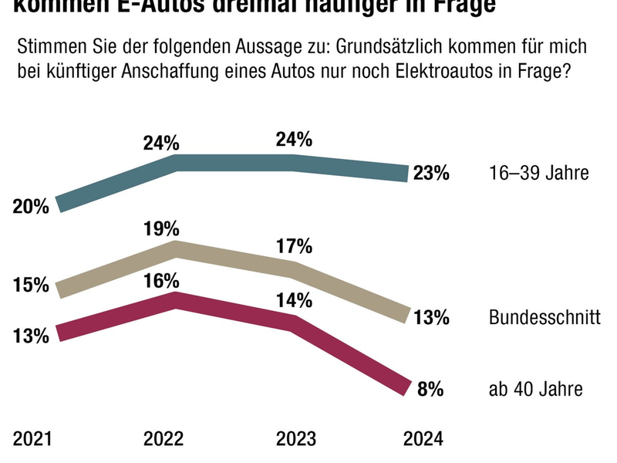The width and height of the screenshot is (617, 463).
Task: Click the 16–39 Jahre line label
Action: point(539,173)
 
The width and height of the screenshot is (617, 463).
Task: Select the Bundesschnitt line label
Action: point(544,317)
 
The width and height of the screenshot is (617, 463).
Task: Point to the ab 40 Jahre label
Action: point(535,390)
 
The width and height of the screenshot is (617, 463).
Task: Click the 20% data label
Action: point(32,206)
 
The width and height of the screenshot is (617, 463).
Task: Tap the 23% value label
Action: point(430,174)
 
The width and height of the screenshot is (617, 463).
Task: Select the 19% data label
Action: point(161,228)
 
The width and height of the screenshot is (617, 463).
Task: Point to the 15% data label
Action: point(32,285)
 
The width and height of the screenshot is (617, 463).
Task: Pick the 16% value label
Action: point(161,280)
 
